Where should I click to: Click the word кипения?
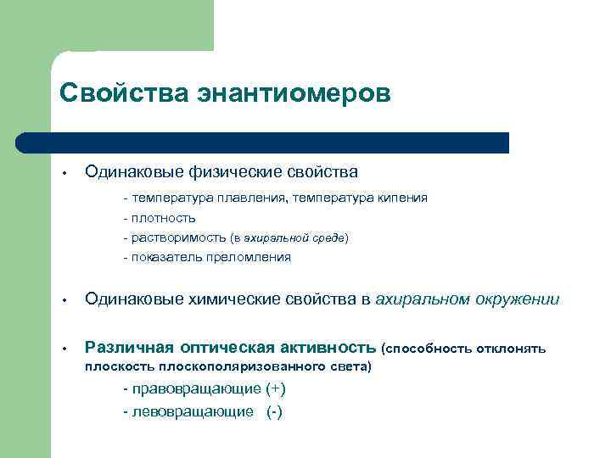396,198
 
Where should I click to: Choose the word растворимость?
177,238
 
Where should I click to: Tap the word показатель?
164,258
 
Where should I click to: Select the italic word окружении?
513,299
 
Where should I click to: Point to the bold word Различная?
129,348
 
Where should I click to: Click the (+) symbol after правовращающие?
275,389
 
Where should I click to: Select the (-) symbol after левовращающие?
274,411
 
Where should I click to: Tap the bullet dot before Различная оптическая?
64,349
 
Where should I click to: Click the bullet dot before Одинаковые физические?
64,173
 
